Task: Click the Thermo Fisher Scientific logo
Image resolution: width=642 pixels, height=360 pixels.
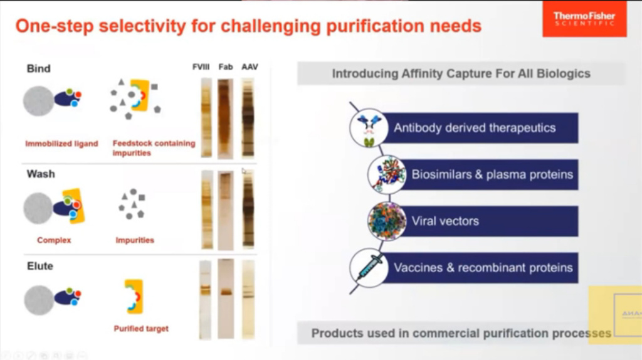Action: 584,19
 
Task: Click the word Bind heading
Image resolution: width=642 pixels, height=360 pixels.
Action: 39,68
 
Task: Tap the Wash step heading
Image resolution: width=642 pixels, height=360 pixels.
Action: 41,173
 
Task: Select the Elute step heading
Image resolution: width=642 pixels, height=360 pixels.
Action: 40,265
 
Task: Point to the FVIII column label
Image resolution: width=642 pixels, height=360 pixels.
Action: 202,67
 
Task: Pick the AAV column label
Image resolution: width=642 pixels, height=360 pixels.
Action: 250,67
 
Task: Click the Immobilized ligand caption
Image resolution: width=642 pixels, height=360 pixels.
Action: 61,144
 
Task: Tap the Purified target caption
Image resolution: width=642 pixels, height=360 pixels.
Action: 141,328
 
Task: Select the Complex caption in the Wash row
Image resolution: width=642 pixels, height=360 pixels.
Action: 54,240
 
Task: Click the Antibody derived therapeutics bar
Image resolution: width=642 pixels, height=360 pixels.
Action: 480,128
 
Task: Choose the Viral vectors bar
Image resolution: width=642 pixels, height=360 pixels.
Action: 480,221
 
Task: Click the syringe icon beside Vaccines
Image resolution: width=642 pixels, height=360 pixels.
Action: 369,267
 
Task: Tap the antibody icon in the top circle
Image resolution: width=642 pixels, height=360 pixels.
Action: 369,128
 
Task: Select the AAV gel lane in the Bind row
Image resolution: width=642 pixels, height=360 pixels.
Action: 248,117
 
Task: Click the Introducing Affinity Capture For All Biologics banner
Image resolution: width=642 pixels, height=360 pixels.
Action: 461,73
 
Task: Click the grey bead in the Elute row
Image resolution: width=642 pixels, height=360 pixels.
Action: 39,300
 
